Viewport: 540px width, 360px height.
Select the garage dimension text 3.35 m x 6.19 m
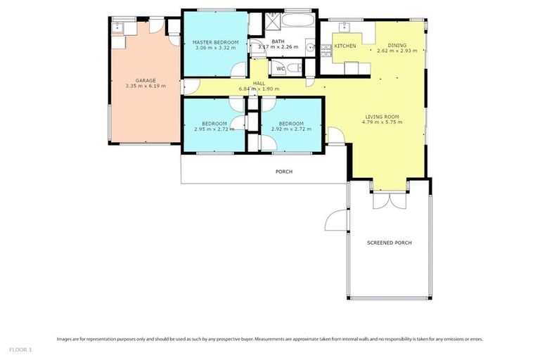(145, 86)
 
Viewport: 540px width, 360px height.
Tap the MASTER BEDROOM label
(216, 42)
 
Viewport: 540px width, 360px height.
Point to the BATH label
(278, 41)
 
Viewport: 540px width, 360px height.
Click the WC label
(280, 68)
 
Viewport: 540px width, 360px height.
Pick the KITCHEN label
(345, 46)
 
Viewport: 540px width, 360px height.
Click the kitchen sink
(345, 28)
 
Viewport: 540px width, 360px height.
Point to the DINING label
(397, 45)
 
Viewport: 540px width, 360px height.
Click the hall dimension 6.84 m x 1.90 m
(259, 89)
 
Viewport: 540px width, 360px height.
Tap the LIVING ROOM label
(382, 116)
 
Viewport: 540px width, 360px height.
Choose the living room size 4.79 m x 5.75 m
(381, 122)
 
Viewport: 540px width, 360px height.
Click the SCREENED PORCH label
(389, 243)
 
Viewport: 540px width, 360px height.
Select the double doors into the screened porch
(389, 200)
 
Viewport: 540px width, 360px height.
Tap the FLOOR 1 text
(20, 349)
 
